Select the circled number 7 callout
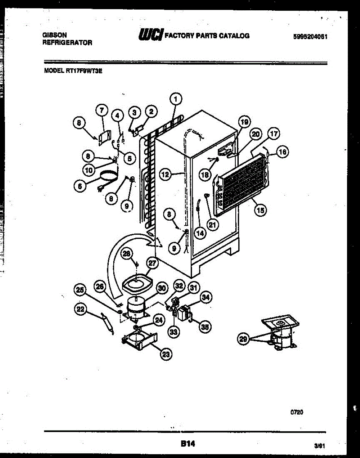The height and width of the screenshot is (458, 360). click(101, 110)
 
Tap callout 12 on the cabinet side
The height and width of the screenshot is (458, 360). click(165, 175)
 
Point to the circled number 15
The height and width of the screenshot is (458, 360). click(261, 209)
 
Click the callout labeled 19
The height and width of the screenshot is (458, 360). click(244, 122)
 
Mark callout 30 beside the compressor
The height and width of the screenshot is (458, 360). click(162, 289)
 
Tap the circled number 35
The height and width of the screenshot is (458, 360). click(205, 326)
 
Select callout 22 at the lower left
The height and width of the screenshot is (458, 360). click(80, 310)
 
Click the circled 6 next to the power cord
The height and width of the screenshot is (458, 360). click(80, 185)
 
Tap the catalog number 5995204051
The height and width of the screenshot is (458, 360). click(311, 37)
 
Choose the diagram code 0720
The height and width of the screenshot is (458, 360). click(297, 412)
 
